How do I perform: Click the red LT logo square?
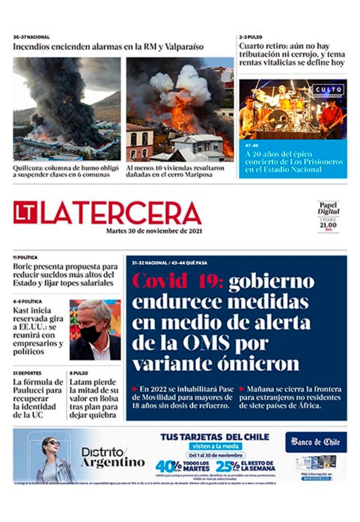click(25, 212)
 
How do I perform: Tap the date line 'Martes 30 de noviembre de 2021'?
click(154, 231)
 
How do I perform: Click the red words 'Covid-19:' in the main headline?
click(178, 281)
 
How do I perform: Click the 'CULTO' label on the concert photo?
click(328, 90)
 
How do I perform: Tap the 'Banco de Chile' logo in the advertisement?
click(316, 442)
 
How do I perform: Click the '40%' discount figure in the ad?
click(168, 466)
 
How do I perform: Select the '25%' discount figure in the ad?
click(228, 466)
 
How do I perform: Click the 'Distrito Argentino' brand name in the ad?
click(113, 457)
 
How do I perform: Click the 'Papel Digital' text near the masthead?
click(328, 208)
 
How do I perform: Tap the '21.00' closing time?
click(328, 225)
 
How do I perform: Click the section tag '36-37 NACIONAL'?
click(31, 37)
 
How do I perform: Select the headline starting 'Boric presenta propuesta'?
click(65, 274)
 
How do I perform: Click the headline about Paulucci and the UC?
click(38, 398)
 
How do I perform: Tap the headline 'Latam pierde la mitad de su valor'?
click(94, 398)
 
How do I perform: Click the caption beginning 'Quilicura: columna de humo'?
click(67, 171)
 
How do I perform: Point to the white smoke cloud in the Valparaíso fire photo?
click(189, 83)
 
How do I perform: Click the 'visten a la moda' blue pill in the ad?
click(215, 446)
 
